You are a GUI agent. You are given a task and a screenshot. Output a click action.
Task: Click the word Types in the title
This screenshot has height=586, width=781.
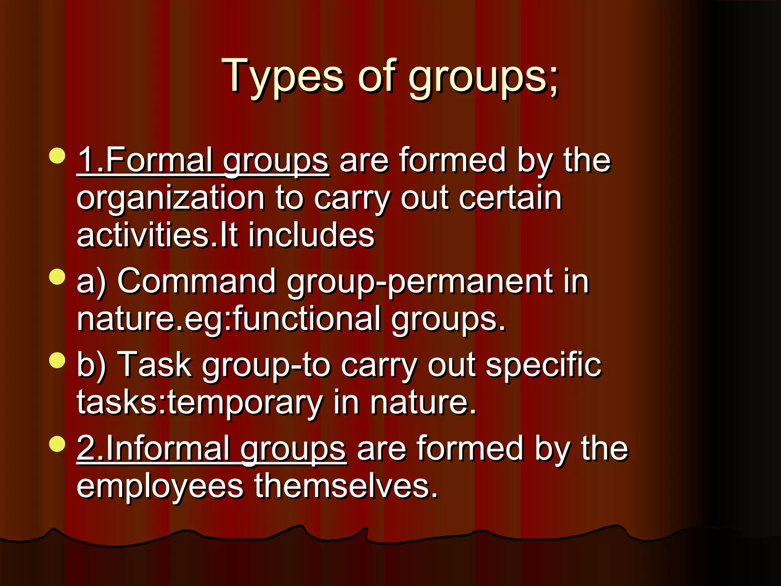283,76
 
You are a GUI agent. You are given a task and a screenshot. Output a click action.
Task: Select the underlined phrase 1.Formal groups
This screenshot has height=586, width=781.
202,161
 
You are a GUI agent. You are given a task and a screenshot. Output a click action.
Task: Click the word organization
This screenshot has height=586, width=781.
170,199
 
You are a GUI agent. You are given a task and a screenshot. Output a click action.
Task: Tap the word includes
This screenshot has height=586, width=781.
311,235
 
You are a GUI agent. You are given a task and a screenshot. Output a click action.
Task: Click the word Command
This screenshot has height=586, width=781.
196,281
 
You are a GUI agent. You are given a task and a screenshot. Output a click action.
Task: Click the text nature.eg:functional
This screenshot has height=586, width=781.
228,319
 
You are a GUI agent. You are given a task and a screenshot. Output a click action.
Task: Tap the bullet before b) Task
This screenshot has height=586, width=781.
58,360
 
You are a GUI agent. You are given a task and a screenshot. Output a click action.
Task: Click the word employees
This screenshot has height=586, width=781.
160,486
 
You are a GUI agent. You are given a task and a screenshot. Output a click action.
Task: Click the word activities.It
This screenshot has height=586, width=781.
157,235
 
